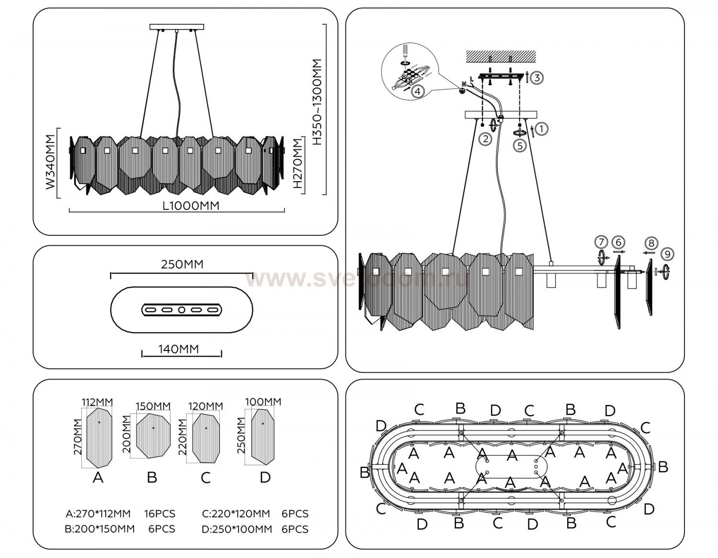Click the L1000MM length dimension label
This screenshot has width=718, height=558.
pyautogui.click(x=191, y=206)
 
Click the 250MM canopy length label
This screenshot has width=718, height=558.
pyautogui.click(x=182, y=264)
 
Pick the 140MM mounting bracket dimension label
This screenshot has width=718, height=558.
pyautogui.click(x=179, y=349)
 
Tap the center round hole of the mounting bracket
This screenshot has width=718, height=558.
pyautogui.click(x=181, y=310)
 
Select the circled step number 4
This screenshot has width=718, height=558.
pyautogui.click(x=417, y=91)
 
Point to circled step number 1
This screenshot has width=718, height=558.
pyautogui.click(x=541, y=128)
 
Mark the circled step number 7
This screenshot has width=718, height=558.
pyautogui.click(x=601, y=241)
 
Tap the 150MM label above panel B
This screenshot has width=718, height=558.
pyautogui.click(x=153, y=406)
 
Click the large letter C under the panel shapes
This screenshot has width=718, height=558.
pyautogui.click(x=206, y=478)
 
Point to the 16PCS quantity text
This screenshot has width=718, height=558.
pyautogui.click(x=160, y=514)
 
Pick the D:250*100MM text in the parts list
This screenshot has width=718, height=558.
pyautogui.click(x=237, y=529)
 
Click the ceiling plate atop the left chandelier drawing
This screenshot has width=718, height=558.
pyautogui.click(x=177, y=27)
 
